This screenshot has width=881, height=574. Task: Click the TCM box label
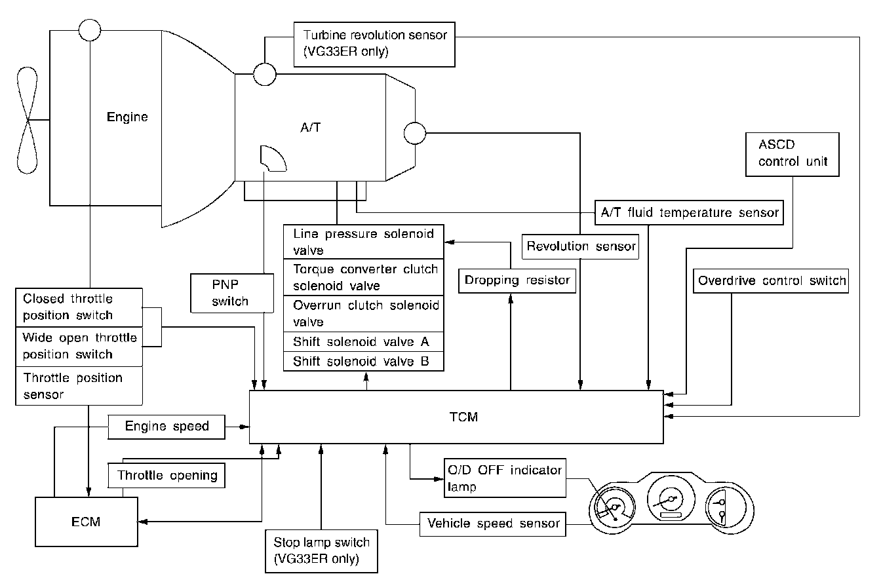click(x=464, y=417)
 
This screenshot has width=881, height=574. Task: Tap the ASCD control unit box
click(x=792, y=153)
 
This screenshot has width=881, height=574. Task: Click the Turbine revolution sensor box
click(x=374, y=43)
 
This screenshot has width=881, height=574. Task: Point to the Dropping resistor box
click(x=517, y=280)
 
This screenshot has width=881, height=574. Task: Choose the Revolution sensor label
click(x=581, y=246)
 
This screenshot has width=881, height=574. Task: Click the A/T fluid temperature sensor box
click(x=689, y=213)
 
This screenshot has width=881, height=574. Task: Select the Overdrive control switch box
click(x=772, y=281)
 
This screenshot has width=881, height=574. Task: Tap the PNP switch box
click(x=230, y=293)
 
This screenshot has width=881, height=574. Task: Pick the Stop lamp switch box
click(x=321, y=550)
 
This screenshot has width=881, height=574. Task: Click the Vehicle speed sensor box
click(x=493, y=524)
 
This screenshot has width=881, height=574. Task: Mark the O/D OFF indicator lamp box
click(x=504, y=478)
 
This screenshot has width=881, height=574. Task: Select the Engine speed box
click(x=166, y=427)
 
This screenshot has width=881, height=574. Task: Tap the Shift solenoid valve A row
click(x=363, y=341)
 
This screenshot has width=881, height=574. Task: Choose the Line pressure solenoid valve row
click(x=363, y=242)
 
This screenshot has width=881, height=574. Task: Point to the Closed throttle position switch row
click(x=78, y=307)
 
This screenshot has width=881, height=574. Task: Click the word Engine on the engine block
click(x=127, y=118)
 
